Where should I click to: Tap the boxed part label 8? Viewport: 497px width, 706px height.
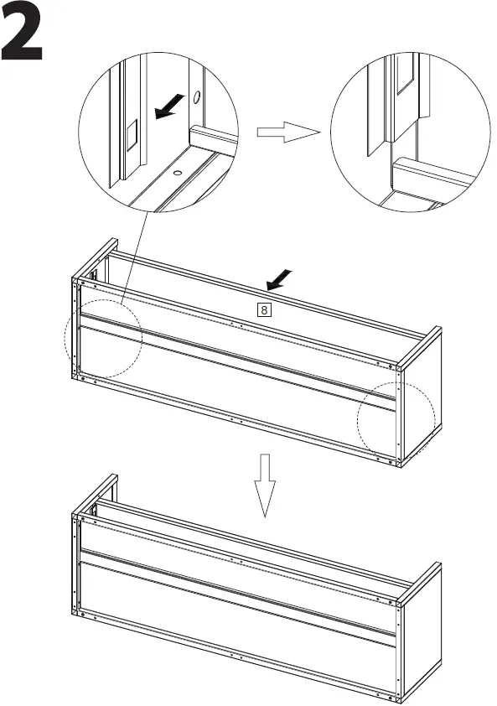pos(264,309)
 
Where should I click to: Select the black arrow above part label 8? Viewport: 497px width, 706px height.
pos(280,278)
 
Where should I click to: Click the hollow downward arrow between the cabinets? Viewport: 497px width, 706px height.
pos(266,485)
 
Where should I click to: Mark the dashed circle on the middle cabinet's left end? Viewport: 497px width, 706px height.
pos(103,338)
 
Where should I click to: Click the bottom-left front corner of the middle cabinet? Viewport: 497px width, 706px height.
pos(77,376)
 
